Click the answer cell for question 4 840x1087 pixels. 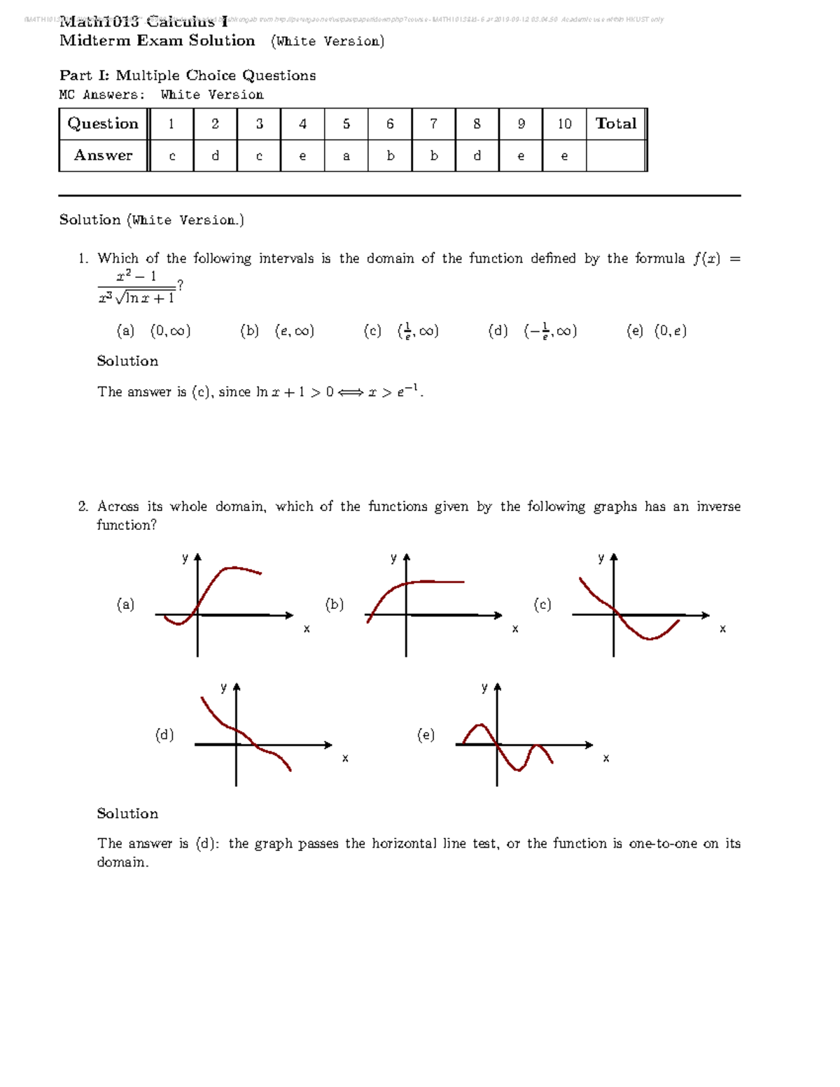click(302, 156)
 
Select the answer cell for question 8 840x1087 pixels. click(477, 156)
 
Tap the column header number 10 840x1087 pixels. click(564, 124)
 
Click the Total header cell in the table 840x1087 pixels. click(616, 124)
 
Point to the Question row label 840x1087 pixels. click(103, 124)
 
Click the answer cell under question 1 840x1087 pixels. click(171, 156)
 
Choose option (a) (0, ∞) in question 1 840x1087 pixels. click(154, 331)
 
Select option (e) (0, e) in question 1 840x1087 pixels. click(657, 331)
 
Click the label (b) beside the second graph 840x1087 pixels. click(335, 604)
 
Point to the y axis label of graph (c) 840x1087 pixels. click(601, 558)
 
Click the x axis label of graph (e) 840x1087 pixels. click(606, 758)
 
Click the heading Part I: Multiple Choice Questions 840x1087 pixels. click(188, 76)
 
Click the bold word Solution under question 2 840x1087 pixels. click(127, 813)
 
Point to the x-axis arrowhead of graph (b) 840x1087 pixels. click(498, 615)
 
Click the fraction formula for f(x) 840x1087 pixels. click(136, 287)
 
